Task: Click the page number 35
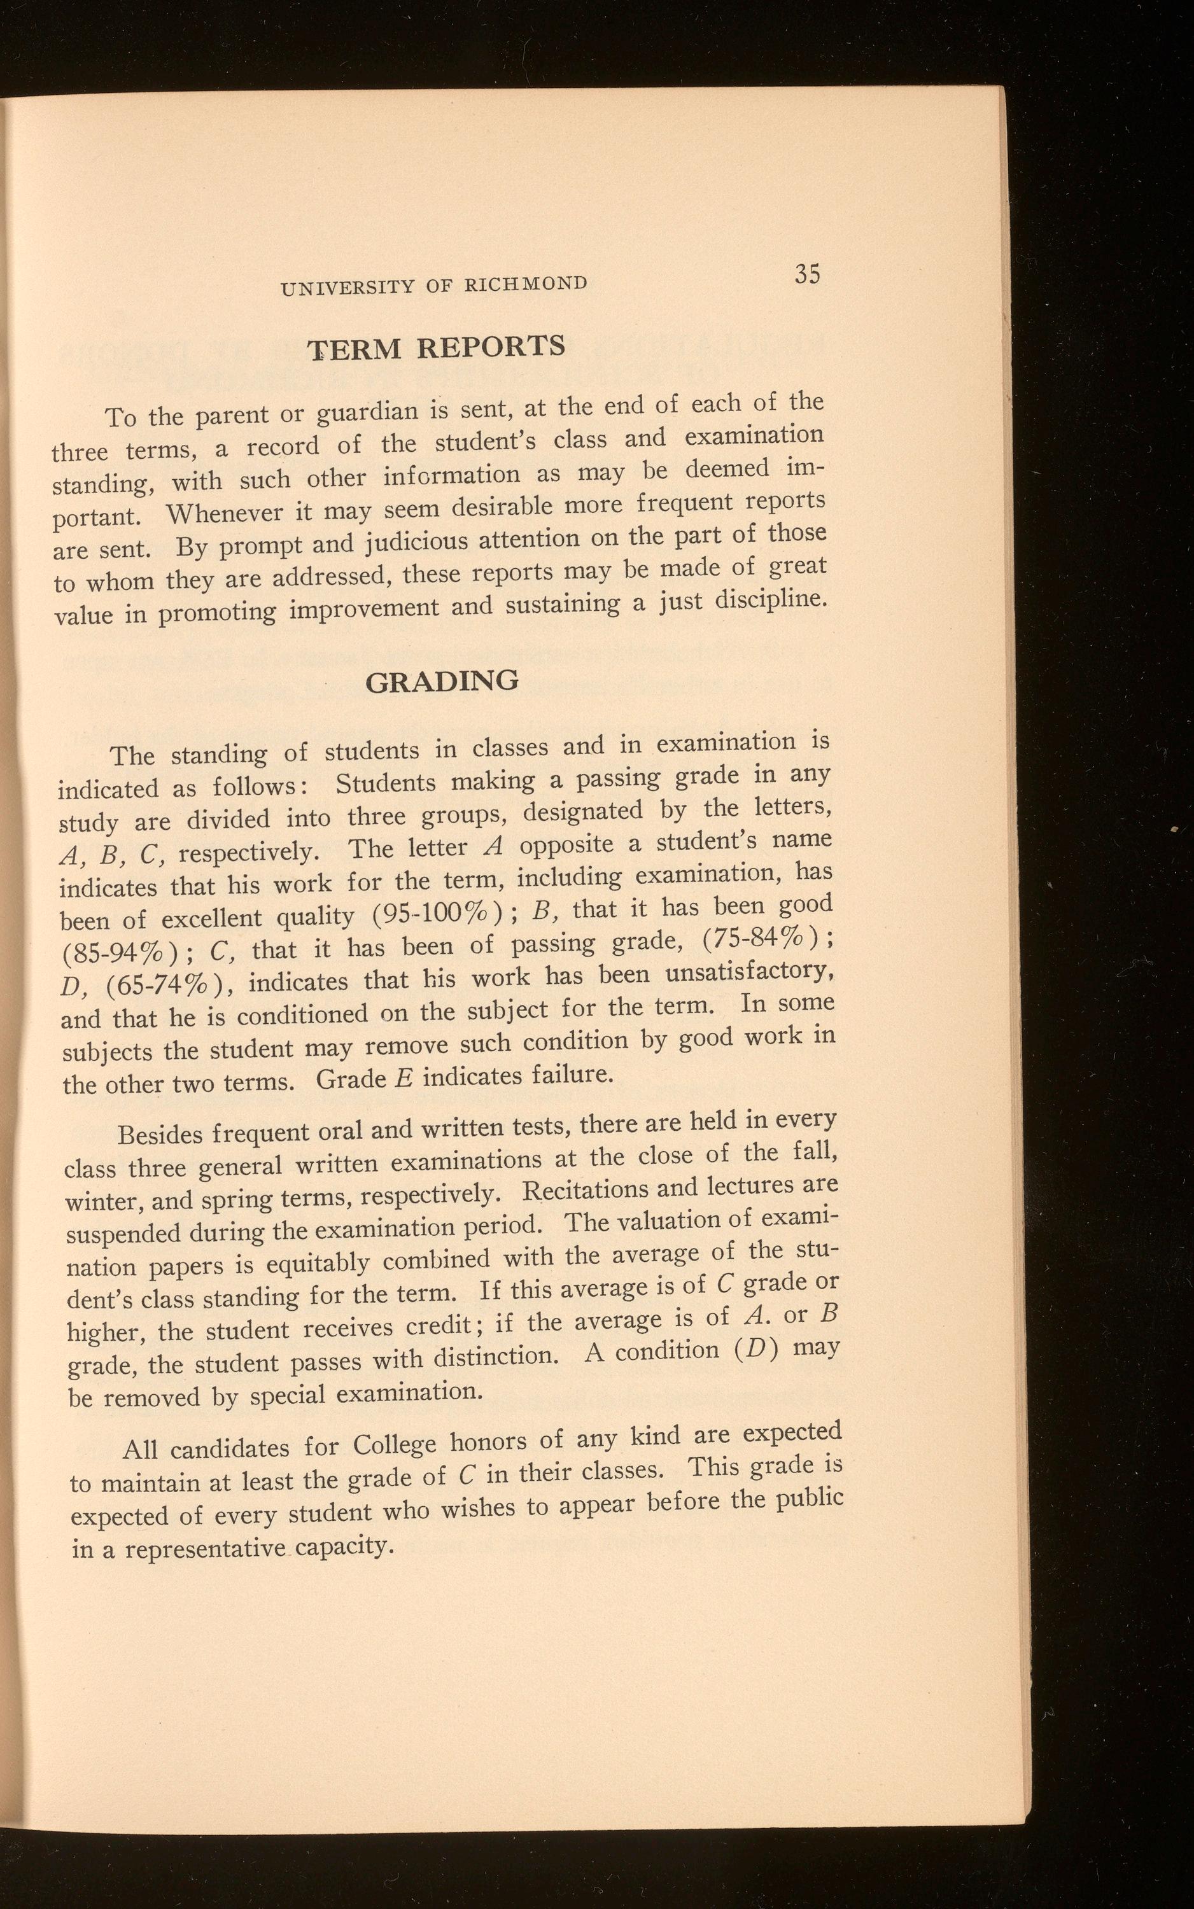808,274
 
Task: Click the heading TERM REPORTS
436,347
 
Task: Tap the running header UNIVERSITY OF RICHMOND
433,285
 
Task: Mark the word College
394,1444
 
